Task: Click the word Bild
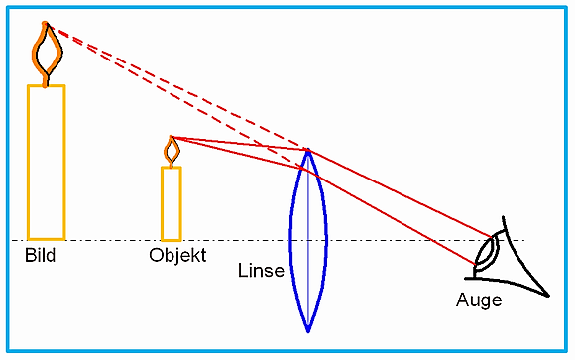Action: (41, 255)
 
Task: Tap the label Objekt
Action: (177, 256)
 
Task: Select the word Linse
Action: (261, 271)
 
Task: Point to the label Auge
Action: (479, 300)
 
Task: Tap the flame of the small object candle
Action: (172, 151)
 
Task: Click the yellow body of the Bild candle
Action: (47, 163)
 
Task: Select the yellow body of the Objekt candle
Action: (172, 203)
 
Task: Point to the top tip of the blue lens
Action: (308, 150)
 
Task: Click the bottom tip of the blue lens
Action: (308, 331)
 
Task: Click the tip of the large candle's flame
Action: (45, 23)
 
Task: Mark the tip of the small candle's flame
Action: (172, 137)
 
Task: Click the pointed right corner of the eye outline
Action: (548, 296)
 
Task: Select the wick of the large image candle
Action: (45, 80)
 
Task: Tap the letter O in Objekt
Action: (156, 255)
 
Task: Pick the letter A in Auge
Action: (462, 300)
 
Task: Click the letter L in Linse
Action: (242, 270)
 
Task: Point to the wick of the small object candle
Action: (172, 165)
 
